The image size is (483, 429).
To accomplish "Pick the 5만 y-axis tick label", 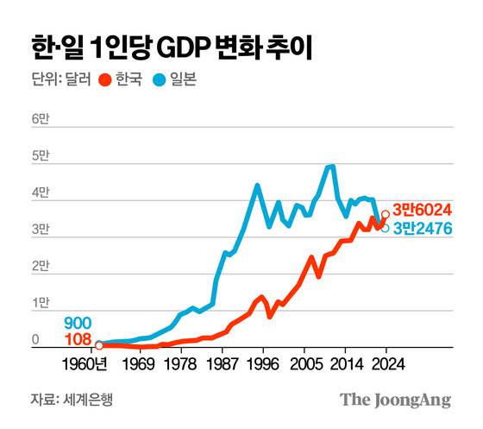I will (x=41, y=157).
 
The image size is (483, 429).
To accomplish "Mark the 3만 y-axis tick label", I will (x=41, y=230).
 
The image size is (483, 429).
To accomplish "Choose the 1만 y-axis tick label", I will (x=41, y=304).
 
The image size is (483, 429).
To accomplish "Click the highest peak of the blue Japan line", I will (x=331, y=167).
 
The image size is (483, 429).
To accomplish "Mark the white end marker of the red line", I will (x=385, y=214).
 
